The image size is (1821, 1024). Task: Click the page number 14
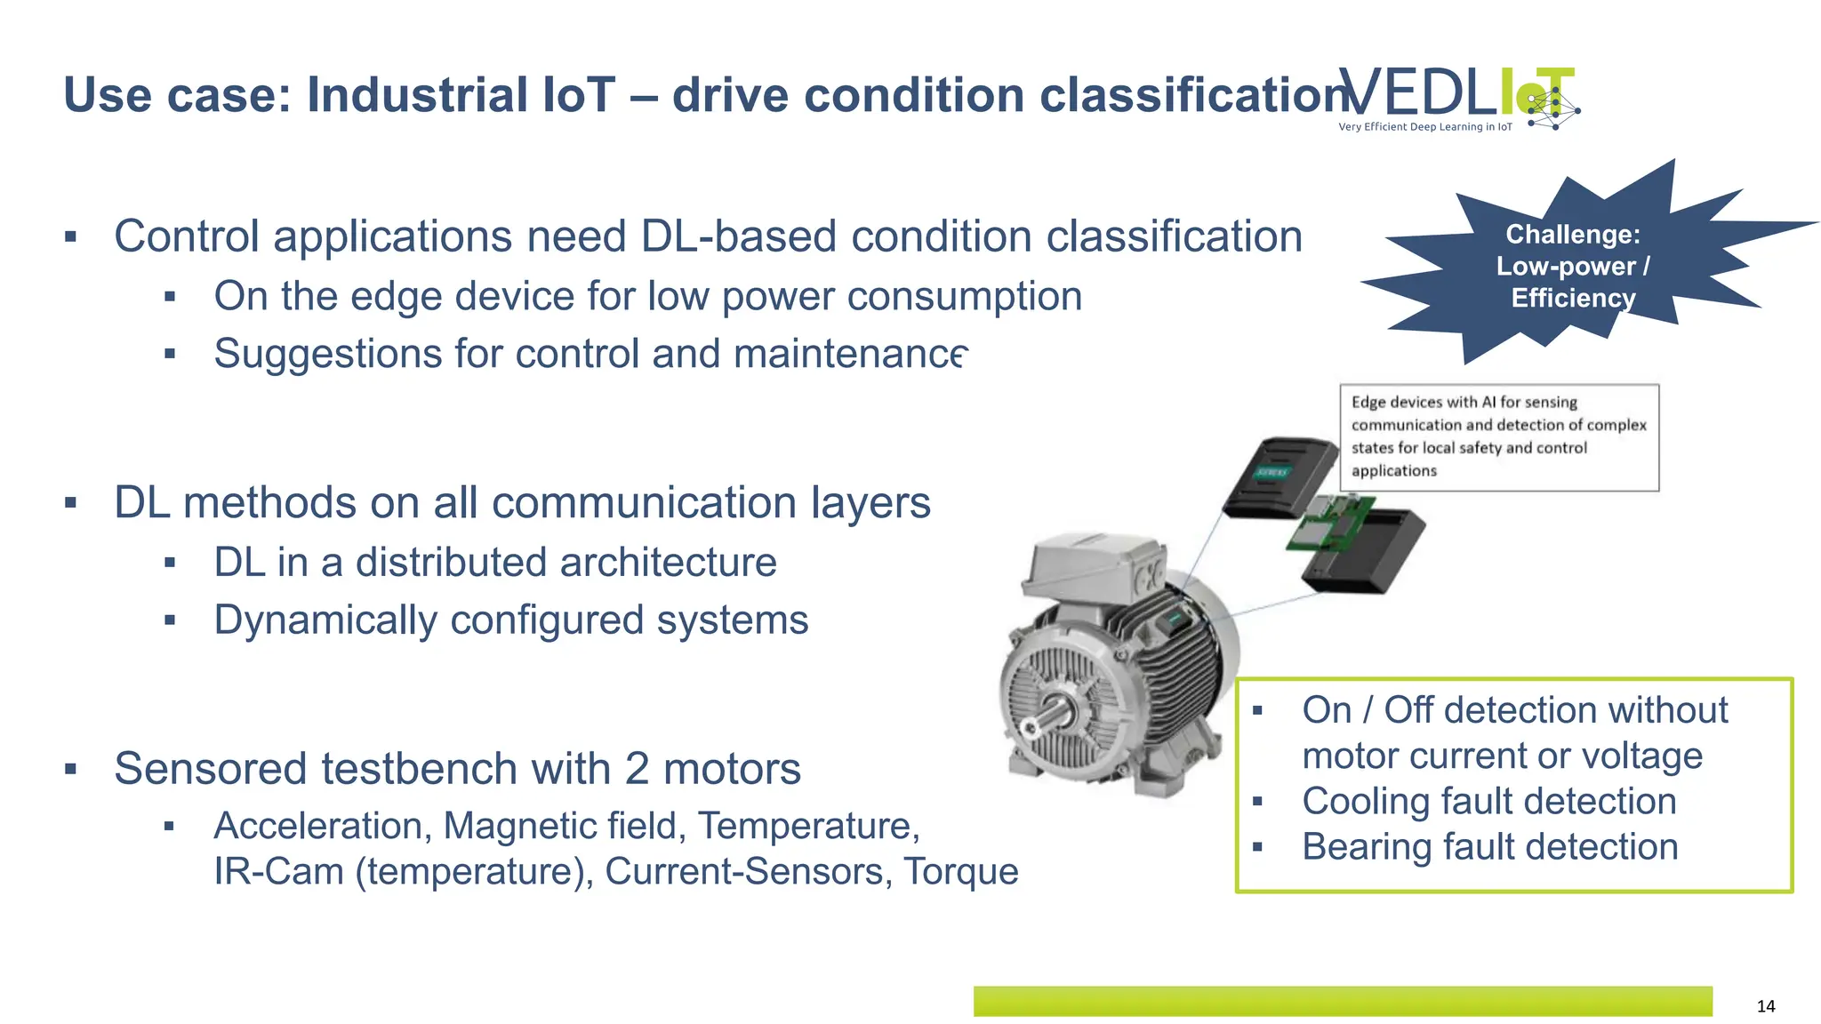(x=1765, y=1005)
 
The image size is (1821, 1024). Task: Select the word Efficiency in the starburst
(x=1573, y=298)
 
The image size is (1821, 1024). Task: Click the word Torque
(x=960, y=871)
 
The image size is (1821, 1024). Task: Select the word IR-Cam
(x=278, y=871)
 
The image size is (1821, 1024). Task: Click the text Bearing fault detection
(x=1489, y=846)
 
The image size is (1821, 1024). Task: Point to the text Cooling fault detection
(x=1489, y=801)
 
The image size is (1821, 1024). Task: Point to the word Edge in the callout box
(x=1368, y=402)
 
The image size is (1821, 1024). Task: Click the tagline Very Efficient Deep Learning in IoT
(x=1424, y=127)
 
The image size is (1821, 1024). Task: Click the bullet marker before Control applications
(x=71, y=237)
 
